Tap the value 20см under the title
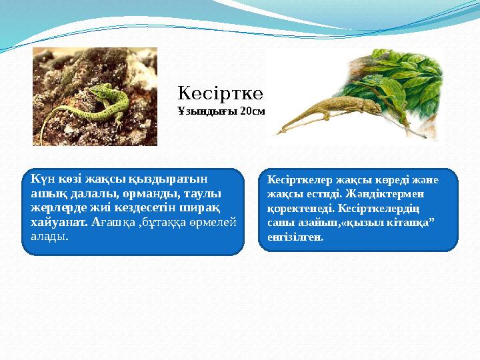pos(253,111)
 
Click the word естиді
pos(316,194)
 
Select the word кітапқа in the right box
pos(412,222)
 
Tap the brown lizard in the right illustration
pos(313,113)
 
